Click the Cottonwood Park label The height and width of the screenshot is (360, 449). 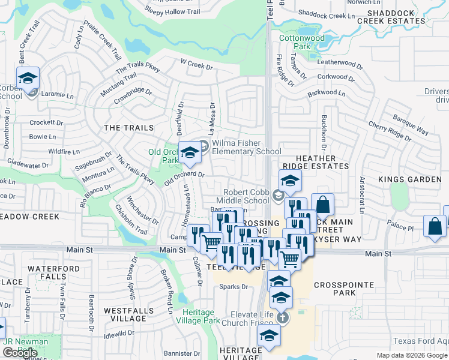pos(302,42)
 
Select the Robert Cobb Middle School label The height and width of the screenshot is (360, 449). pos(248,196)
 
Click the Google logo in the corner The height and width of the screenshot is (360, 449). pos(19,353)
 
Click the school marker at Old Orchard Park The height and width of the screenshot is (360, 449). pos(190,154)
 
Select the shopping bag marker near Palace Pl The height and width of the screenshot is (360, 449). pos(434,227)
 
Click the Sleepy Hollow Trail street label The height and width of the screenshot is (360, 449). pos(172,10)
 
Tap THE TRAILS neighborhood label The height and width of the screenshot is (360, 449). pos(129,128)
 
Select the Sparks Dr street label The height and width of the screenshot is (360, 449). pos(234,287)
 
